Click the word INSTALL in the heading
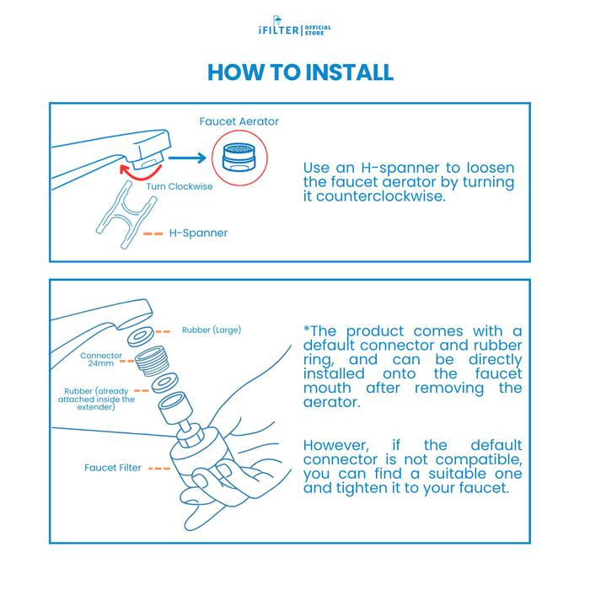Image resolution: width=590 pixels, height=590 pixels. [x=349, y=72]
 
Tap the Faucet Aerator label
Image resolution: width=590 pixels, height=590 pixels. [x=239, y=121]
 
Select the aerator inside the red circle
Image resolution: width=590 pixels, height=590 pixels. [x=239, y=158]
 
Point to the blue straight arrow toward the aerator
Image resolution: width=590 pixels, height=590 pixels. [x=187, y=158]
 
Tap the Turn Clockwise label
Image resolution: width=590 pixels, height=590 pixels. [x=180, y=186]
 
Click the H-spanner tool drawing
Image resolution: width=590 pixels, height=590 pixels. [x=126, y=214]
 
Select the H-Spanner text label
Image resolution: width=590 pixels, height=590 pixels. [x=198, y=233]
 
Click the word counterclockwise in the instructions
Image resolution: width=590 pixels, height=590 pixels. [x=380, y=196]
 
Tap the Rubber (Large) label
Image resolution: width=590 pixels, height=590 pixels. [x=212, y=330]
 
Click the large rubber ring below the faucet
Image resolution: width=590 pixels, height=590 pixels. [x=141, y=336]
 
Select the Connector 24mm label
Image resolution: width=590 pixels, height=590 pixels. [x=101, y=359]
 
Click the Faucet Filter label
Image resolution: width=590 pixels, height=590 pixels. [x=113, y=468]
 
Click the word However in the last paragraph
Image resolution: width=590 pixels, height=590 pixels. [x=336, y=446]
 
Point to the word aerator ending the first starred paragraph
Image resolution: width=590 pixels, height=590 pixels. [x=331, y=402]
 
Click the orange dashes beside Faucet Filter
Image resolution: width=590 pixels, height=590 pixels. [x=159, y=469]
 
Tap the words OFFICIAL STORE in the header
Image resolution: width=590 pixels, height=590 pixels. [x=318, y=30]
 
